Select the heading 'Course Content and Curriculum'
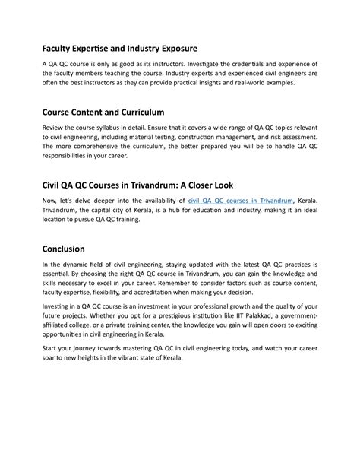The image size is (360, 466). tap(102, 111)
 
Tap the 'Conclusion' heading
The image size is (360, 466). tap(63, 248)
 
